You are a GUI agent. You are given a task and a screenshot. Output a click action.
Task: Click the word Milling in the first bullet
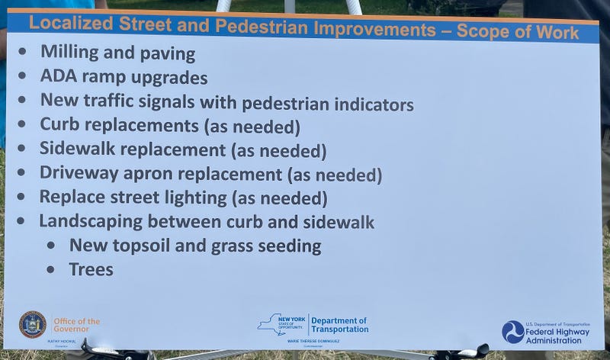(x=67, y=54)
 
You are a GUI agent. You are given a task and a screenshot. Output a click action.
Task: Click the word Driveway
(x=79, y=174)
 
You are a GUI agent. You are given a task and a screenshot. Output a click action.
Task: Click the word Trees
(x=91, y=269)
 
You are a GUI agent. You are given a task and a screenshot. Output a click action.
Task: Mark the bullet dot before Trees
(x=50, y=270)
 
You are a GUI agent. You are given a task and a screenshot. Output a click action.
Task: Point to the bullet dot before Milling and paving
(x=25, y=53)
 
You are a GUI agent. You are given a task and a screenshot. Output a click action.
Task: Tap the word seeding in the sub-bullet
(x=287, y=246)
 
